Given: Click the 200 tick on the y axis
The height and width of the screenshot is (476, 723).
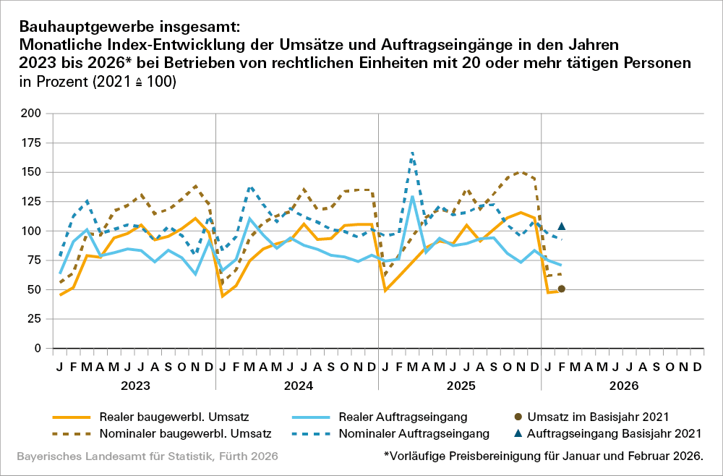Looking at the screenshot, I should click(x=32, y=114).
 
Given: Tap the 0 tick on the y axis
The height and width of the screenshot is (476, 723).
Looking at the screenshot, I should click(x=38, y=349).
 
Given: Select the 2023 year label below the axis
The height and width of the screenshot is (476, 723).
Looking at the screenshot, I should click(x=134, y=386).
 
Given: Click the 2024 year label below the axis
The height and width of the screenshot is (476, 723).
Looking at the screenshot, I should click(x=297, y=386).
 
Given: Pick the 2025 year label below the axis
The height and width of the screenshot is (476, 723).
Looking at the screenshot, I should click(x=460, y=386).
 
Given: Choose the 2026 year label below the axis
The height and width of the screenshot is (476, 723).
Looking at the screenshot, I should click(x=623, y=386).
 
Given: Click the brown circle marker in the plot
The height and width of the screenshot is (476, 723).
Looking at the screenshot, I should click(x=562, y=289).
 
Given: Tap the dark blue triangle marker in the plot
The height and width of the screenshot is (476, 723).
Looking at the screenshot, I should click(x=562, y=226).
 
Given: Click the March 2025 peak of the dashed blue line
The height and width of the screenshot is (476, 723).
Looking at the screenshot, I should click(x=412, y=153).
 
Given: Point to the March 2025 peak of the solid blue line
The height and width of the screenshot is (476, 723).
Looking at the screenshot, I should click(x=412, y=196).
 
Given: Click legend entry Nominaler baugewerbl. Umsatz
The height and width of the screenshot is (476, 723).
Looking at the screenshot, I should click(x=161, y=434).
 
